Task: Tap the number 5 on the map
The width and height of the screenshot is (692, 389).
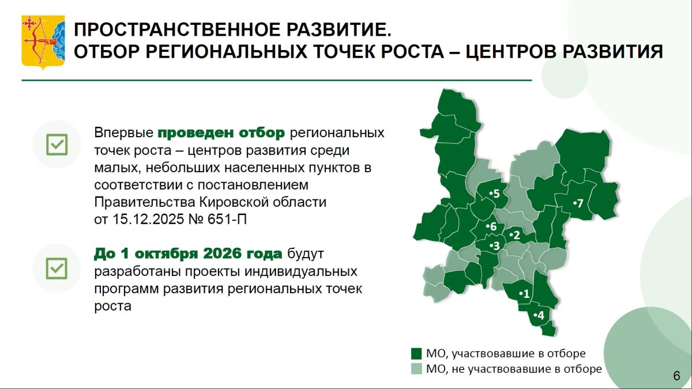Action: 497,194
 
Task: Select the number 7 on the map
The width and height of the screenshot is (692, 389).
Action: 580,203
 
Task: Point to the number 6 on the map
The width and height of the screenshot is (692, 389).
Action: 494,226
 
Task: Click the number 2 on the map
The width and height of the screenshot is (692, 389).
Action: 517,236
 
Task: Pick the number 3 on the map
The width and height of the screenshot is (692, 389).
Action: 497,246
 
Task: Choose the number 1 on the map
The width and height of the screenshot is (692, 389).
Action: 526,293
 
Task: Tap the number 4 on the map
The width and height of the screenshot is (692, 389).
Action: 541,316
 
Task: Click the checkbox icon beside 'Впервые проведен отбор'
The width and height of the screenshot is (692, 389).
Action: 57,145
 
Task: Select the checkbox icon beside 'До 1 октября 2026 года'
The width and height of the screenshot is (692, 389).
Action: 57,269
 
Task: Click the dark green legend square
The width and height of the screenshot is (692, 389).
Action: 416,354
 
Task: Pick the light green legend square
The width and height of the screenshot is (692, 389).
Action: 416,369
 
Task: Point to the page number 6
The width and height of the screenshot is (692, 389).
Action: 676,376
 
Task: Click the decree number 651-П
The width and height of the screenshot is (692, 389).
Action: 227,220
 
